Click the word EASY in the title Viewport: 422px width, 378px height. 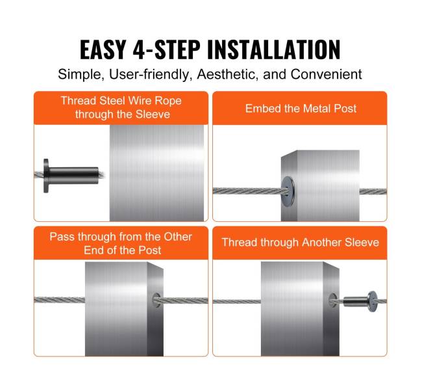(103, 49)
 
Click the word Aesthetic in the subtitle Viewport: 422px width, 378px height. (228, 74)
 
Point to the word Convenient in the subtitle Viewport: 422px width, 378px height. (326, 74)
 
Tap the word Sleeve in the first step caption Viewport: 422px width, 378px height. (153, 114)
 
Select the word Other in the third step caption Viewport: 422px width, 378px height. (178, 236)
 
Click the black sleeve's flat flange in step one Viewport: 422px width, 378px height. (46, 176)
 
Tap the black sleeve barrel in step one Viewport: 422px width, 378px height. (73, 175)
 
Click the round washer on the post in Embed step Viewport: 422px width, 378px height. (288, 188)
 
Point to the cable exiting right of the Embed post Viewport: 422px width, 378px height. (373, 191)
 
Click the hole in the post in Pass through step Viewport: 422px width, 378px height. (156, 301)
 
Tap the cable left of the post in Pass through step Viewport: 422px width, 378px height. (60, 299)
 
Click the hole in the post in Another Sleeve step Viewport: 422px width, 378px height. (332, 300)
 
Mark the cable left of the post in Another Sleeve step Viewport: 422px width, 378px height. (237, 301)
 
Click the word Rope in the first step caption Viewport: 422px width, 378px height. (169, 101)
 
